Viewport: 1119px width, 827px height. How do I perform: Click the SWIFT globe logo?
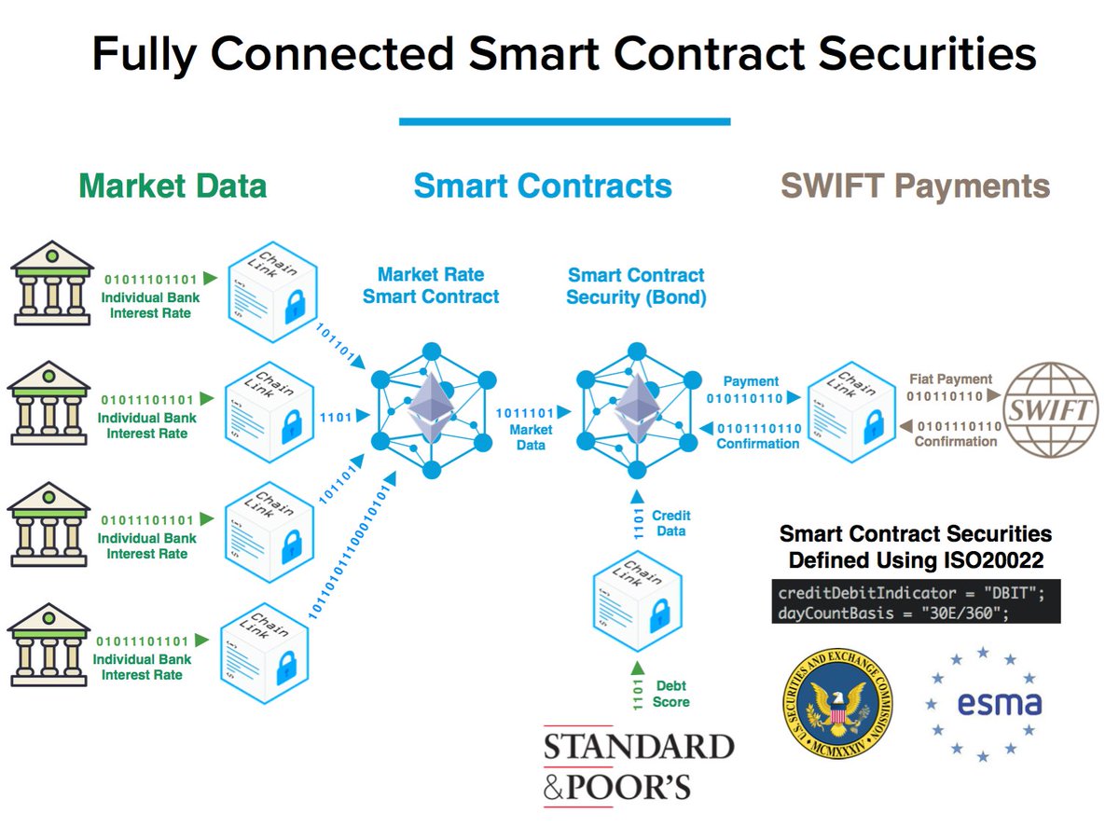pos(1050,411)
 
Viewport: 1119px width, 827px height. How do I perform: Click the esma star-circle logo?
pos(983,702)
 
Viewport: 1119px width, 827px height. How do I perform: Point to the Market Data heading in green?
pos(173,186)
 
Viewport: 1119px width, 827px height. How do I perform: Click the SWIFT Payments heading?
pos(915,186)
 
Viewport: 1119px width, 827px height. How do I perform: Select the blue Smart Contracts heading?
pos(543,186)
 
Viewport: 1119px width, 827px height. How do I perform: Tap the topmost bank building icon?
pos(51,283)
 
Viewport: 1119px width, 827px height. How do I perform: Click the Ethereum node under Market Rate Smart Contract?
pos(431,411)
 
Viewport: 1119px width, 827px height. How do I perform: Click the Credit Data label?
pos(670,523)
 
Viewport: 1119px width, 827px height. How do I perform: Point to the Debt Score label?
pos(671,694)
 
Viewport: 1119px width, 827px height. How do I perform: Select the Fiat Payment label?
pos(951,379)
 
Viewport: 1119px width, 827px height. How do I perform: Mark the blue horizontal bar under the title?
pos(564,121)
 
